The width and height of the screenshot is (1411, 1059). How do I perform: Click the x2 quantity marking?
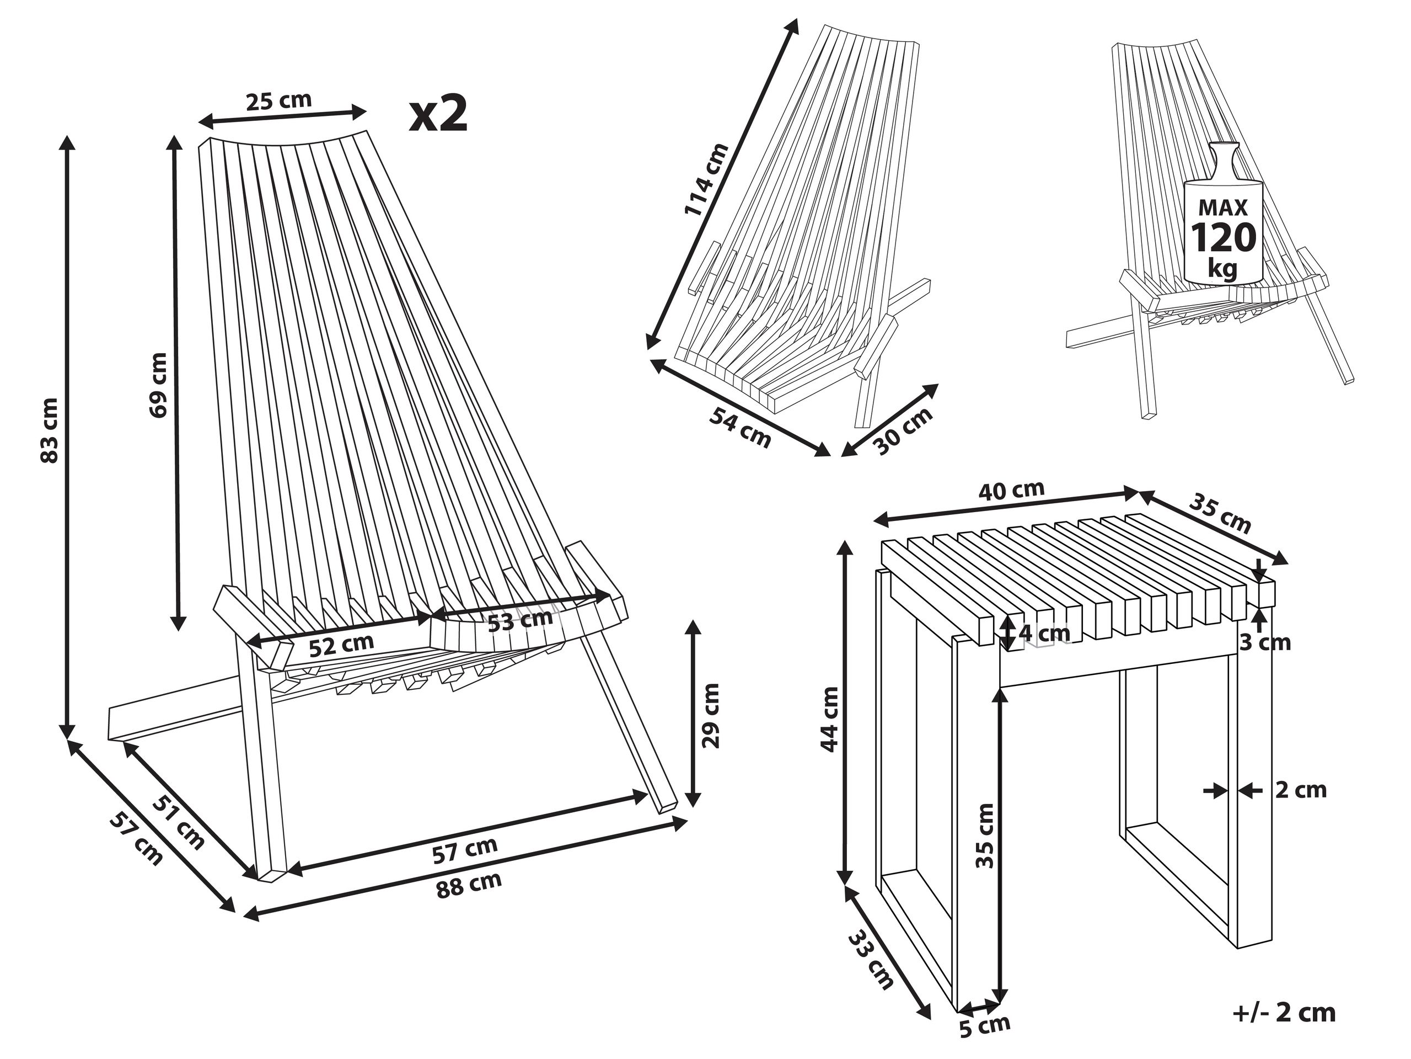[x=438, y=114]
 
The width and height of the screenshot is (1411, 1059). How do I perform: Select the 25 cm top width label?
[x=279, y=101]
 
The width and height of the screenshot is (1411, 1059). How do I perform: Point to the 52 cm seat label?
[x=341, y=645]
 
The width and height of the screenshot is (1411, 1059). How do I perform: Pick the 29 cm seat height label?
[x=711, y=715]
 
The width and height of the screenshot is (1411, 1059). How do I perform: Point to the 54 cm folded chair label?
[x=741, y=428]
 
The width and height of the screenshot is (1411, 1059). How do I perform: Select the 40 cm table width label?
[x=1012, y=490]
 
